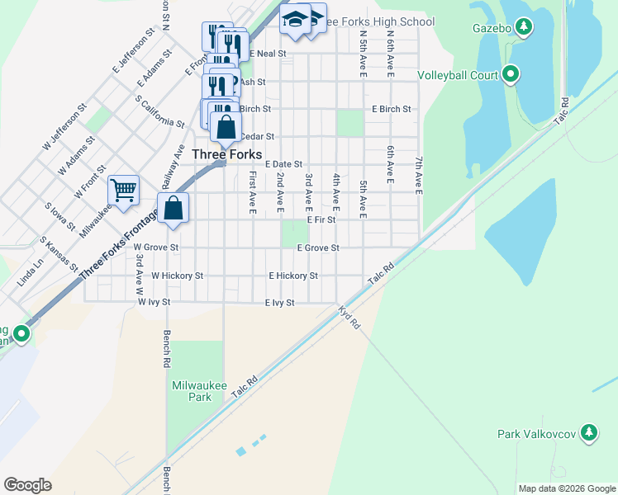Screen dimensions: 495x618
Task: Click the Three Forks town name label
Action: tap(226, 154)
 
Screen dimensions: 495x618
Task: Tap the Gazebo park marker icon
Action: tap(523, 28)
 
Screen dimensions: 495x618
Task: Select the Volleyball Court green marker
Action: tap(511, 75)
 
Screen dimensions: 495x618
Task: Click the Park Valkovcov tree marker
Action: tap(588, 432)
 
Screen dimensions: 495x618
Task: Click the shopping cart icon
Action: tap(123, 191)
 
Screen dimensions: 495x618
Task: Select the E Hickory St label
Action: tap(293, 276)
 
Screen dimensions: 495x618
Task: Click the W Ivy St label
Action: tap(154, 303)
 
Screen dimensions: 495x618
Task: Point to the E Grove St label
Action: tap(318, 247)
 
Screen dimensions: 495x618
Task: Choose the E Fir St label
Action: tap(321, 220)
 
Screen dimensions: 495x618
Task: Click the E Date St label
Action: tap(284, 165)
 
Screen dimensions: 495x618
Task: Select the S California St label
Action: tap(160, 112)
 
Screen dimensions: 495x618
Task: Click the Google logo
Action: tap(27, 485)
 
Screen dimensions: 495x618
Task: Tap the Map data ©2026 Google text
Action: tap(567, 488)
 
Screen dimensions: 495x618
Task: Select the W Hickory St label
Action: tap(177, 276)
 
